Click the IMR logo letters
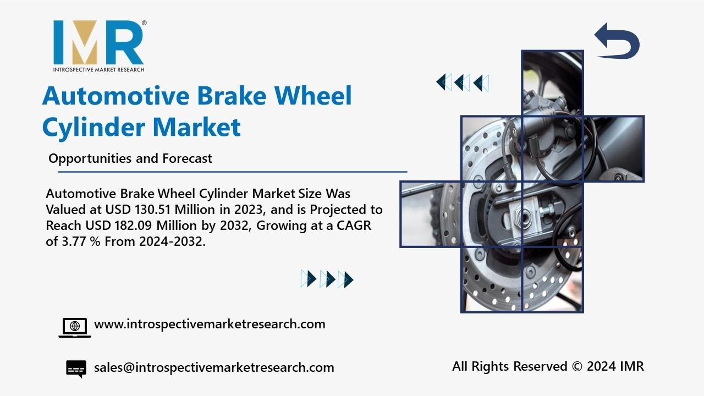point(98,42)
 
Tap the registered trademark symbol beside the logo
point(144,23)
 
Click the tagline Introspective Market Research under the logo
point(98,69)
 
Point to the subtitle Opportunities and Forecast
point(130,158)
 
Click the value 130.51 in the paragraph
point(153,210)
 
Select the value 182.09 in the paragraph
point(134,226)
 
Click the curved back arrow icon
point(617,41)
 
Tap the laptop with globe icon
point(75,328)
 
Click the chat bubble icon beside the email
point(76,369)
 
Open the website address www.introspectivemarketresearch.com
point(210,324)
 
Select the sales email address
point(214,367)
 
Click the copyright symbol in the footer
point(577,366)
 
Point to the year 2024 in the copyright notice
point(601,366)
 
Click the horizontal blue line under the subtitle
point(233,172)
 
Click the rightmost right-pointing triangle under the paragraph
point(349,279)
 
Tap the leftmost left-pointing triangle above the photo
point(441,82)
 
